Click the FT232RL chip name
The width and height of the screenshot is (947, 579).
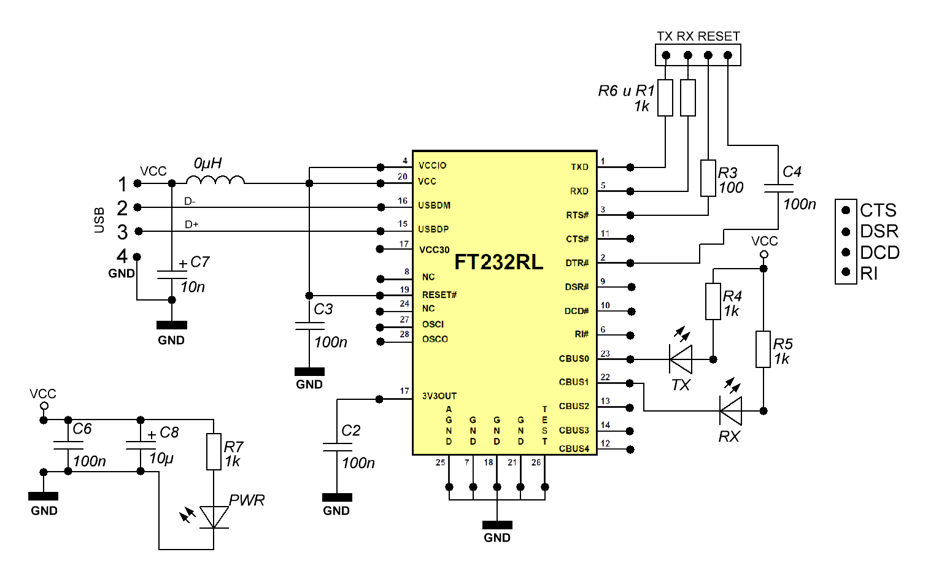pos(498,263)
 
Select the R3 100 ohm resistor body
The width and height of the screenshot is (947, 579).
pos(708,178)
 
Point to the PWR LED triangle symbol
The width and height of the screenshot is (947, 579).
pos(214,517)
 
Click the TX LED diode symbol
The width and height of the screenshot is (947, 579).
pos(681,359)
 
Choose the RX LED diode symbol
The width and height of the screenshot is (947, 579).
pos(730,411)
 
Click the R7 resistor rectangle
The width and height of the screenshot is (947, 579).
pos(214,452)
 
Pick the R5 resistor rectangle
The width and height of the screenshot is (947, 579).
pos(763,350)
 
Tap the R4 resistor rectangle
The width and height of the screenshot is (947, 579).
pos(713,301)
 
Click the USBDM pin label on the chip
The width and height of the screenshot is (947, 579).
pos(435,205)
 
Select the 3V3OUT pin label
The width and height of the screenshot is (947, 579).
pos(439,396)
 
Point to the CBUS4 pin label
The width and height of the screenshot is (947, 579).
pos(574,449)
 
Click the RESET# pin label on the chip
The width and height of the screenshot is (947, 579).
pos(439,295)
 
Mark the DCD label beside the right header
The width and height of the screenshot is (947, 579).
pos(879,253)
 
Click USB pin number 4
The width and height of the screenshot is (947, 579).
pos(123,256)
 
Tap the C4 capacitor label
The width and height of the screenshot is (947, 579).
pos(792,172)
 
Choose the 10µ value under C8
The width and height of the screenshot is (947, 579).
pos(161,458)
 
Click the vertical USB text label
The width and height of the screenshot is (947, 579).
pos(99,220)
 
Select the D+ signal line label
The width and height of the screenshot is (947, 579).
pos(191,225)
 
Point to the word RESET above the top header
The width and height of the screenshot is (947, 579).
pos(719,36)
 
